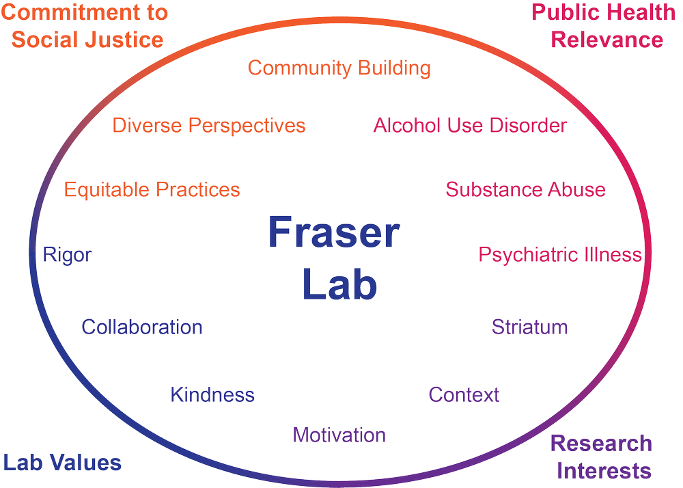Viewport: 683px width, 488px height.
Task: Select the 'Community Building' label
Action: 339,68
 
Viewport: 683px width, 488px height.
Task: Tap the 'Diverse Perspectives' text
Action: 209,126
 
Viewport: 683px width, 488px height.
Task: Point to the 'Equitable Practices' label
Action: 152,189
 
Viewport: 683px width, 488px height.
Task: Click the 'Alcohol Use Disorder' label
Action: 470,126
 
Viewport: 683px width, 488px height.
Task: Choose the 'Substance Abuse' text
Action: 525,189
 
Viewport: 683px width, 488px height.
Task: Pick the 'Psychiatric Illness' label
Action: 560,255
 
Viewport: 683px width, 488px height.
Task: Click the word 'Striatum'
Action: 529,327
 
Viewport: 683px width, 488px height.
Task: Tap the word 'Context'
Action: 464,394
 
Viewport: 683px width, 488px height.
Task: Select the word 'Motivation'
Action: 339,435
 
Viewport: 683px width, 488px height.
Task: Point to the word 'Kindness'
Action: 212,394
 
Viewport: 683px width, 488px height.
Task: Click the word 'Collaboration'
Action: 142,327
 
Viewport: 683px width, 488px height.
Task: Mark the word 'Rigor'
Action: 67,255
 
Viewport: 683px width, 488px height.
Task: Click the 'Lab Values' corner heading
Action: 62,463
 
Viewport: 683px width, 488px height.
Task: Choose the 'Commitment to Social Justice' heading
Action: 86,26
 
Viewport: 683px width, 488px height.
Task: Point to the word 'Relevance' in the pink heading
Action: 607,40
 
